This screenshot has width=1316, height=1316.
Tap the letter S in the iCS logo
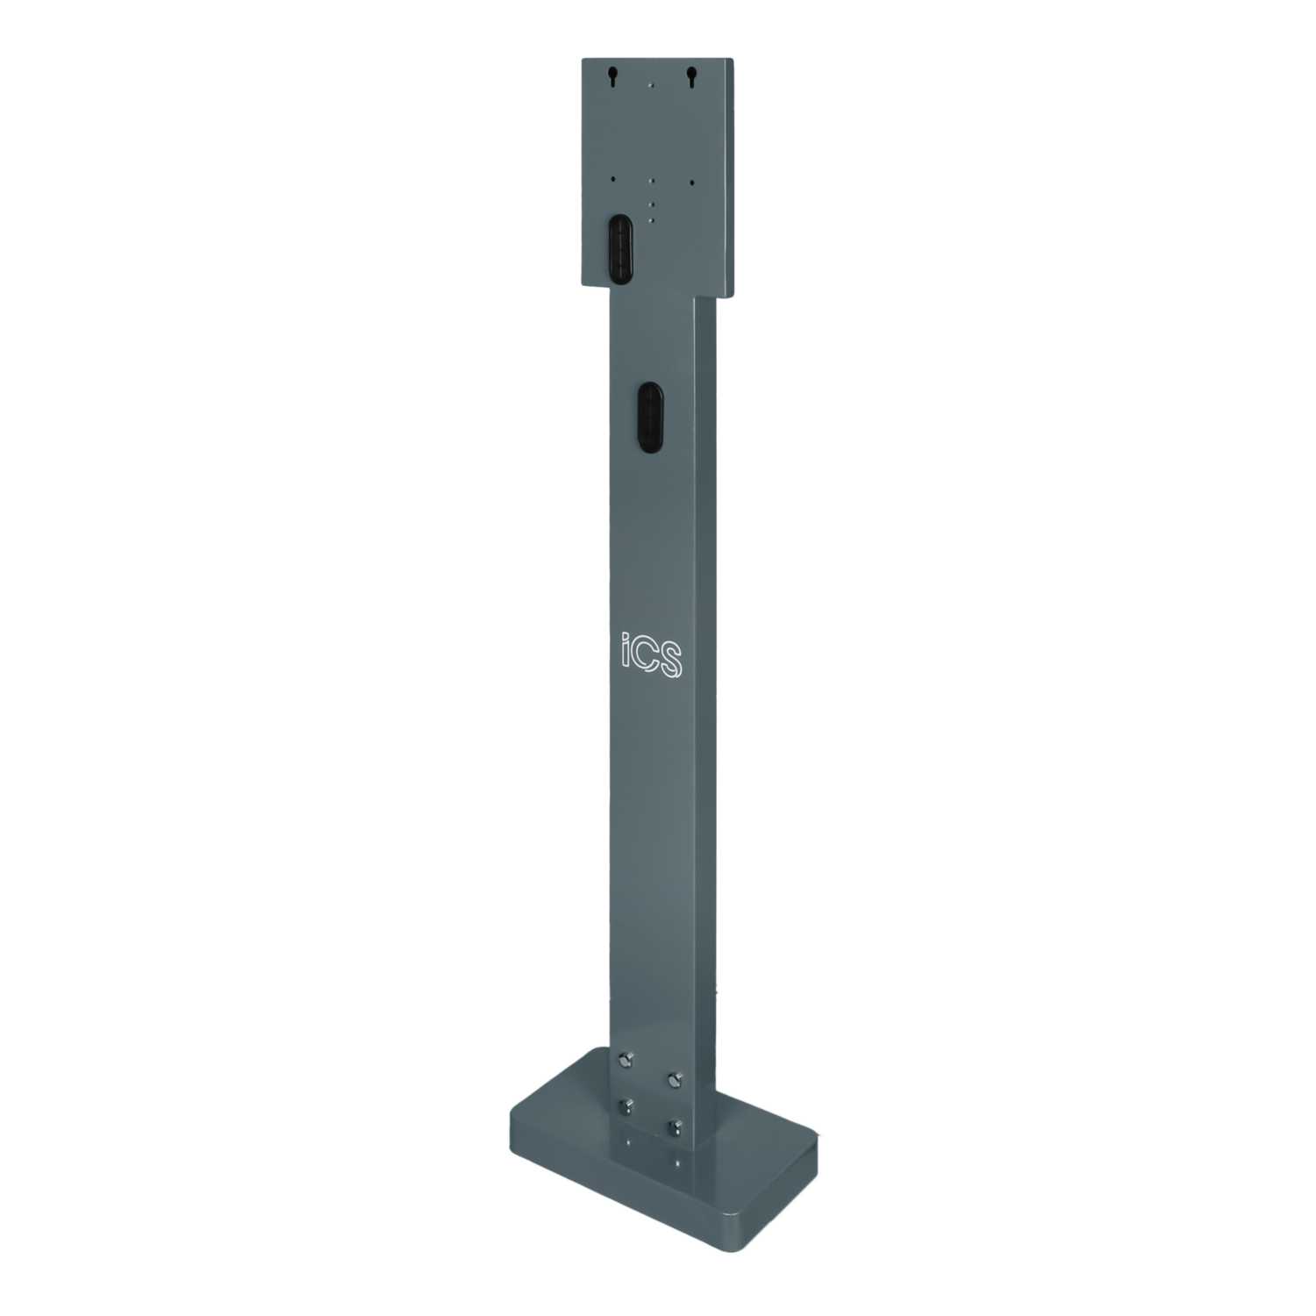tap(671, 659)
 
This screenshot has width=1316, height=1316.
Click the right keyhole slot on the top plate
tap(691, 77)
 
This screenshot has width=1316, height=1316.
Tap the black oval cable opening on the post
tap(649, 417)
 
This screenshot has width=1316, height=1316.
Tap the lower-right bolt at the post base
tap(676, 1126)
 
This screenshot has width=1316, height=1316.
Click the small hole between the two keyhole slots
tap(650, 85)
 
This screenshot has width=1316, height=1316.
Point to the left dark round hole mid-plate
tap(612, 178)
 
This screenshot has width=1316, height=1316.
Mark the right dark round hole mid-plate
tap(691, 182)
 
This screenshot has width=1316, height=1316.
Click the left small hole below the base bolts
tap(626, 1142)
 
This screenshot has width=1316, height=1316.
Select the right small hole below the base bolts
tap(676, 1163)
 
